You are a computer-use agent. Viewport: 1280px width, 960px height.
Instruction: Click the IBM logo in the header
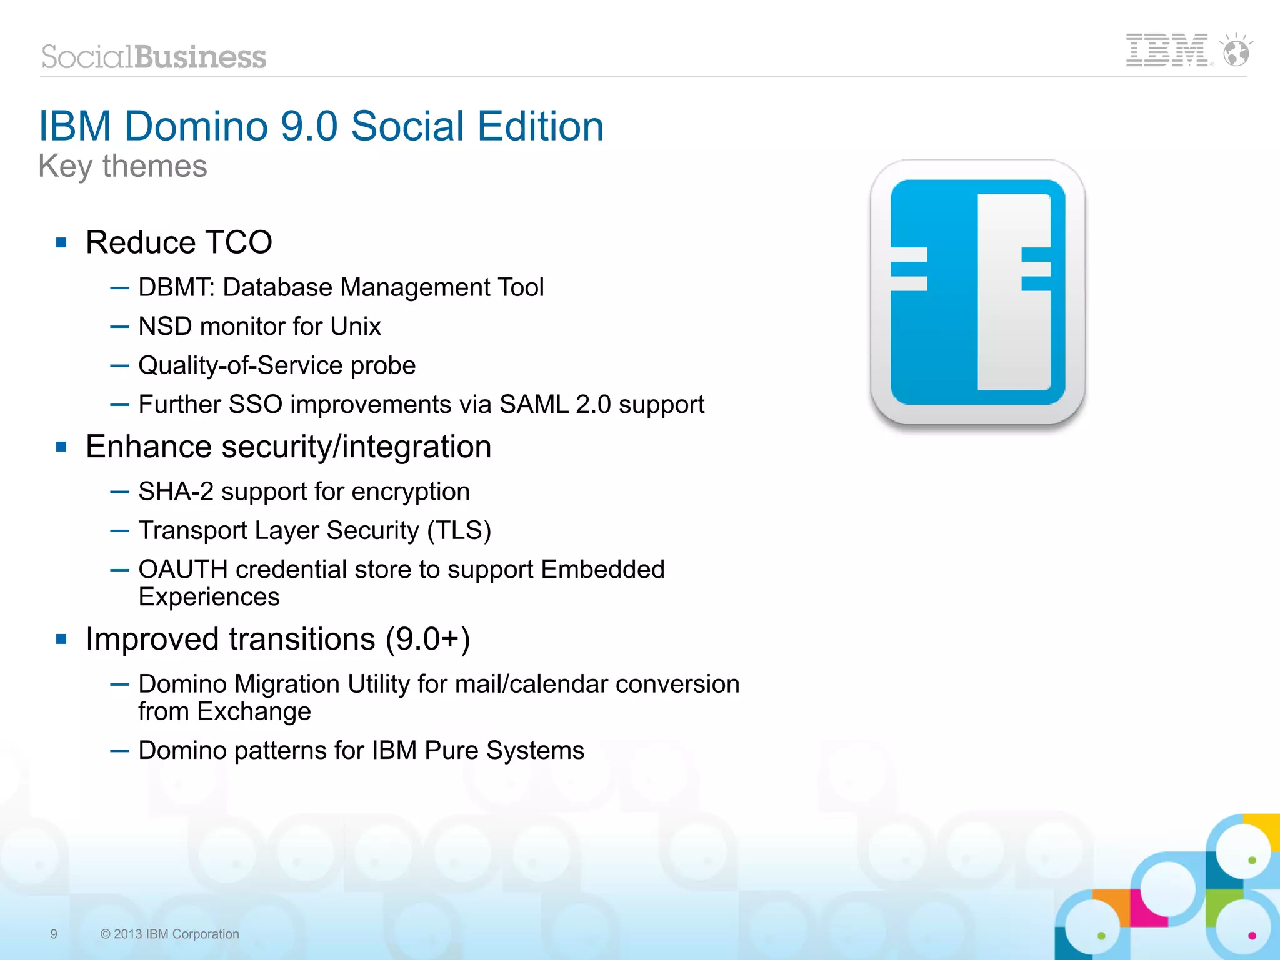[x=1166, y=50]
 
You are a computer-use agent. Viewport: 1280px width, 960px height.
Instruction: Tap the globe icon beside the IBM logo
[x=1236, y=51]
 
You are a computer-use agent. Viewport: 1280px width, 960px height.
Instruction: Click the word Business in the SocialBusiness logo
[x=200, y=57]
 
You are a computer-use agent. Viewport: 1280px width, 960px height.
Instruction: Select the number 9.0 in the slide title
[x=309, y=126]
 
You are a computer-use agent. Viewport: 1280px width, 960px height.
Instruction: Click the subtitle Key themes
[x=122, y=166]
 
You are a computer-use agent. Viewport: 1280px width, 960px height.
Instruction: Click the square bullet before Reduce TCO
[x=61, y=242]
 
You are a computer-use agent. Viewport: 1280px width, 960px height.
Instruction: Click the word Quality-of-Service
[x=241, y=365]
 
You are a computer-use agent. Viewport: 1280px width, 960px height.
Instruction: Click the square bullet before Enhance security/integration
[x=61, y=447]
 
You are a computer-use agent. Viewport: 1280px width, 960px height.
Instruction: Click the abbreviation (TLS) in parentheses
[x=459, y=530]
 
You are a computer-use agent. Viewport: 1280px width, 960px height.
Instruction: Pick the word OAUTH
[x=182, y=569]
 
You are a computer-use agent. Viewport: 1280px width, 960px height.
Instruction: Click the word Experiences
[x=209, y=597]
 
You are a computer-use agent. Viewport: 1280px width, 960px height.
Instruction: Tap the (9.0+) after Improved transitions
[x=427, y=639]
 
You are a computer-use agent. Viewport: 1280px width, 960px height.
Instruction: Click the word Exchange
[x=254, y=711]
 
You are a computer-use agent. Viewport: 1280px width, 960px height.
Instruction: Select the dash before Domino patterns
[x=119, y=751]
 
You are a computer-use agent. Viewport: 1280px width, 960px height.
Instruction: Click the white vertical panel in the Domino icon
[x=1013, y=291]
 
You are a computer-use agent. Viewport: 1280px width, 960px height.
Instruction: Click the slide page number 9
[x=54, y=934]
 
